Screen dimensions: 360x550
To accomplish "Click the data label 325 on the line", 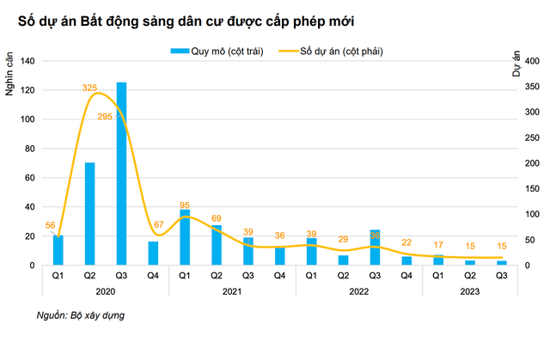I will point(89,88).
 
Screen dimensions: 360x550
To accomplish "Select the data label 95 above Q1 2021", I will point(185,205).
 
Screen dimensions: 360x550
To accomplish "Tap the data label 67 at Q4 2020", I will point(157,224).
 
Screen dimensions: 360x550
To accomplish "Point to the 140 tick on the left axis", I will point(27,61).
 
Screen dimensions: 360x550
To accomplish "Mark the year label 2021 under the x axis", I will point(232,291).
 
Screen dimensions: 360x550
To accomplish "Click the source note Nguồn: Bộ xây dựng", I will point(81,316).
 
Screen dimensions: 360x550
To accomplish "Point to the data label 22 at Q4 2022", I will point(406,243).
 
